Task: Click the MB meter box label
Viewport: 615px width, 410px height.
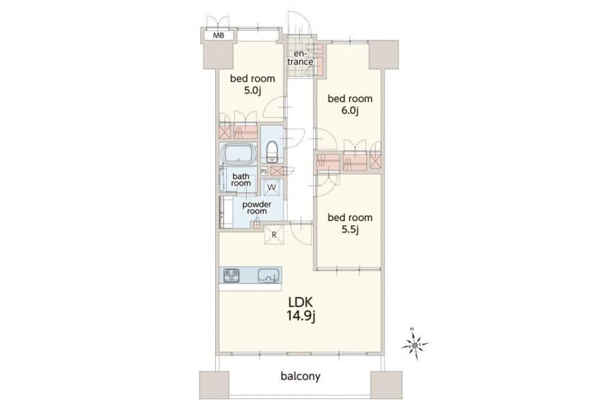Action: (x=219, y=36)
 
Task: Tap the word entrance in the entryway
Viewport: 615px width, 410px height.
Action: (x=303, y=57)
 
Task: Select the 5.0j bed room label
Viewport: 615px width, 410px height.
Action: (x=252, y=84)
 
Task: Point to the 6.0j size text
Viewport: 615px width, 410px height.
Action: (x=349, y=111)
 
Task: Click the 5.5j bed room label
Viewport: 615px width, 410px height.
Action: (x=350, y=223)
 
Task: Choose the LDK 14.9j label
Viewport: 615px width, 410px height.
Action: (x=301, y=309)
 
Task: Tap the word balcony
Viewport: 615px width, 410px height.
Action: (x=301, y=376)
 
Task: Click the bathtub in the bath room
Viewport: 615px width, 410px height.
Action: (x=238, y=153)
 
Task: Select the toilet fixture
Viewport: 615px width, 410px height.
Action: (x=272, y=152)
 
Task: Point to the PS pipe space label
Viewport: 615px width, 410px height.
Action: (x=264, y=171)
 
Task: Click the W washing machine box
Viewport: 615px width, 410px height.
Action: (x=271, y=188)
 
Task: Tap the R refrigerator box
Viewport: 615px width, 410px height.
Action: (x=274, y=235)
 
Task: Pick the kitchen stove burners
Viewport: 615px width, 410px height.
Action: (x=232, y=275)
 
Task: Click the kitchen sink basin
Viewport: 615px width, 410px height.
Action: (x=269, y=275)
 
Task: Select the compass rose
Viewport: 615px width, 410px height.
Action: (x=415, y=345)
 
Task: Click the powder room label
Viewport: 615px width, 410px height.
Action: (x=256, y=208)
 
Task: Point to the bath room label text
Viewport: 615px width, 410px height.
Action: (x=241, y=180)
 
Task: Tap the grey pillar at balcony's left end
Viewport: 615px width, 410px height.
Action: (x=214, y=385)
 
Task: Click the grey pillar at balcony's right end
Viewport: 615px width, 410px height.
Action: (x=386, y=385)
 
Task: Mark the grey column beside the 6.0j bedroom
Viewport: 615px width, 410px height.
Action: (x=383, y=54)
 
